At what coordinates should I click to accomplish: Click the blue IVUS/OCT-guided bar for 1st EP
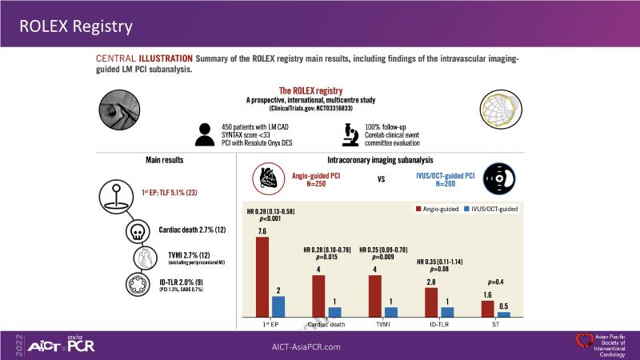pos(278,308)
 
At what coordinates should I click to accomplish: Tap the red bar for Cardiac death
pos(318,297)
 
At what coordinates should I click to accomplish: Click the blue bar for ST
pos(504,314)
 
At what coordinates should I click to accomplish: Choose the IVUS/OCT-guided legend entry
pos(500,209)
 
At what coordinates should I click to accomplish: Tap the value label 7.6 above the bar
pos(262,231)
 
